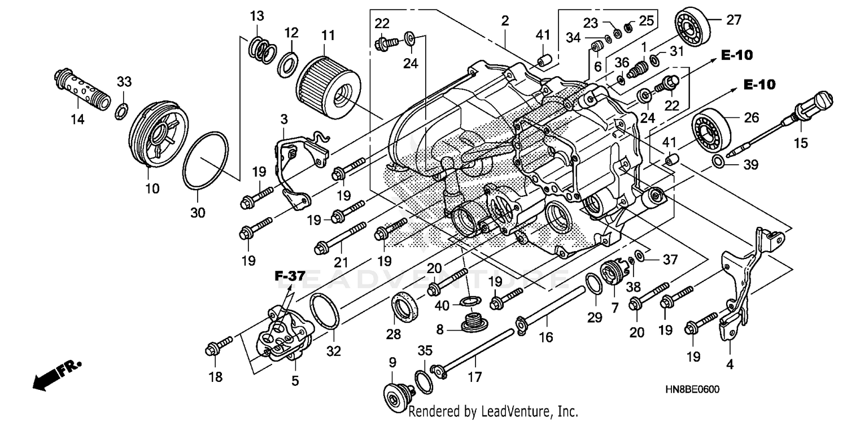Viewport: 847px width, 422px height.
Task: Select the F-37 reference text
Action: coord(290,276)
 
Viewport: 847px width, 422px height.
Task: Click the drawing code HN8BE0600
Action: coord(696,390)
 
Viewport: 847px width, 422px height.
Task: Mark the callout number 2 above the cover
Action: coord(504,21)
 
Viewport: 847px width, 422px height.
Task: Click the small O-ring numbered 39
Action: coord(717,162)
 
